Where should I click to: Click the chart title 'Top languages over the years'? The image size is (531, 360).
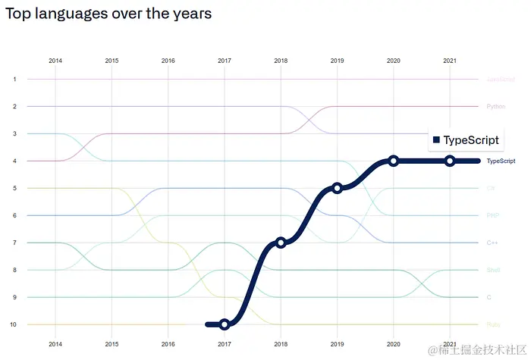click(108, 14)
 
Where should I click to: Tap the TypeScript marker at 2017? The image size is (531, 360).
click(225, 324)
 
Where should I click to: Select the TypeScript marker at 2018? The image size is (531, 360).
click(281, 243)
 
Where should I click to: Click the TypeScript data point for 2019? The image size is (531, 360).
click(338, 187)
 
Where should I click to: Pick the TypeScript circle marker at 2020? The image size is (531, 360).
click(394, 161)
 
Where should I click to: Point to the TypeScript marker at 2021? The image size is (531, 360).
click(450, 161)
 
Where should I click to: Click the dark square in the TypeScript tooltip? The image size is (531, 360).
click(436, 140)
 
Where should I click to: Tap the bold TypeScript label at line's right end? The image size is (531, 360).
click(501, 161)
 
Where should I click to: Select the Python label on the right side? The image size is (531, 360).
click(496, 106)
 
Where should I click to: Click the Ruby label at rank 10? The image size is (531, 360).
click(493, 324)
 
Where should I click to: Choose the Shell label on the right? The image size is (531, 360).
click(493, 270)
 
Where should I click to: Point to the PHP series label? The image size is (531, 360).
click(493, 215)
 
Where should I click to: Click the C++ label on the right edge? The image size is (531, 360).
click(493, 243)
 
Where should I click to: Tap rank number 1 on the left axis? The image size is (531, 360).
click(14, 79)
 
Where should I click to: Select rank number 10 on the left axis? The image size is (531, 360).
click(14, 324)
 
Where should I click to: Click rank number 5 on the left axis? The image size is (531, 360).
click(14, 188)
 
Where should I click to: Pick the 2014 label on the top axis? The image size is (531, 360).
click(55, 60)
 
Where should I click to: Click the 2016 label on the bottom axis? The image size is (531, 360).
click(168, 343)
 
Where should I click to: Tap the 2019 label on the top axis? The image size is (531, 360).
click(338, 60)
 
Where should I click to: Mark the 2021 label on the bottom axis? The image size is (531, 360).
click(450, 343)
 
